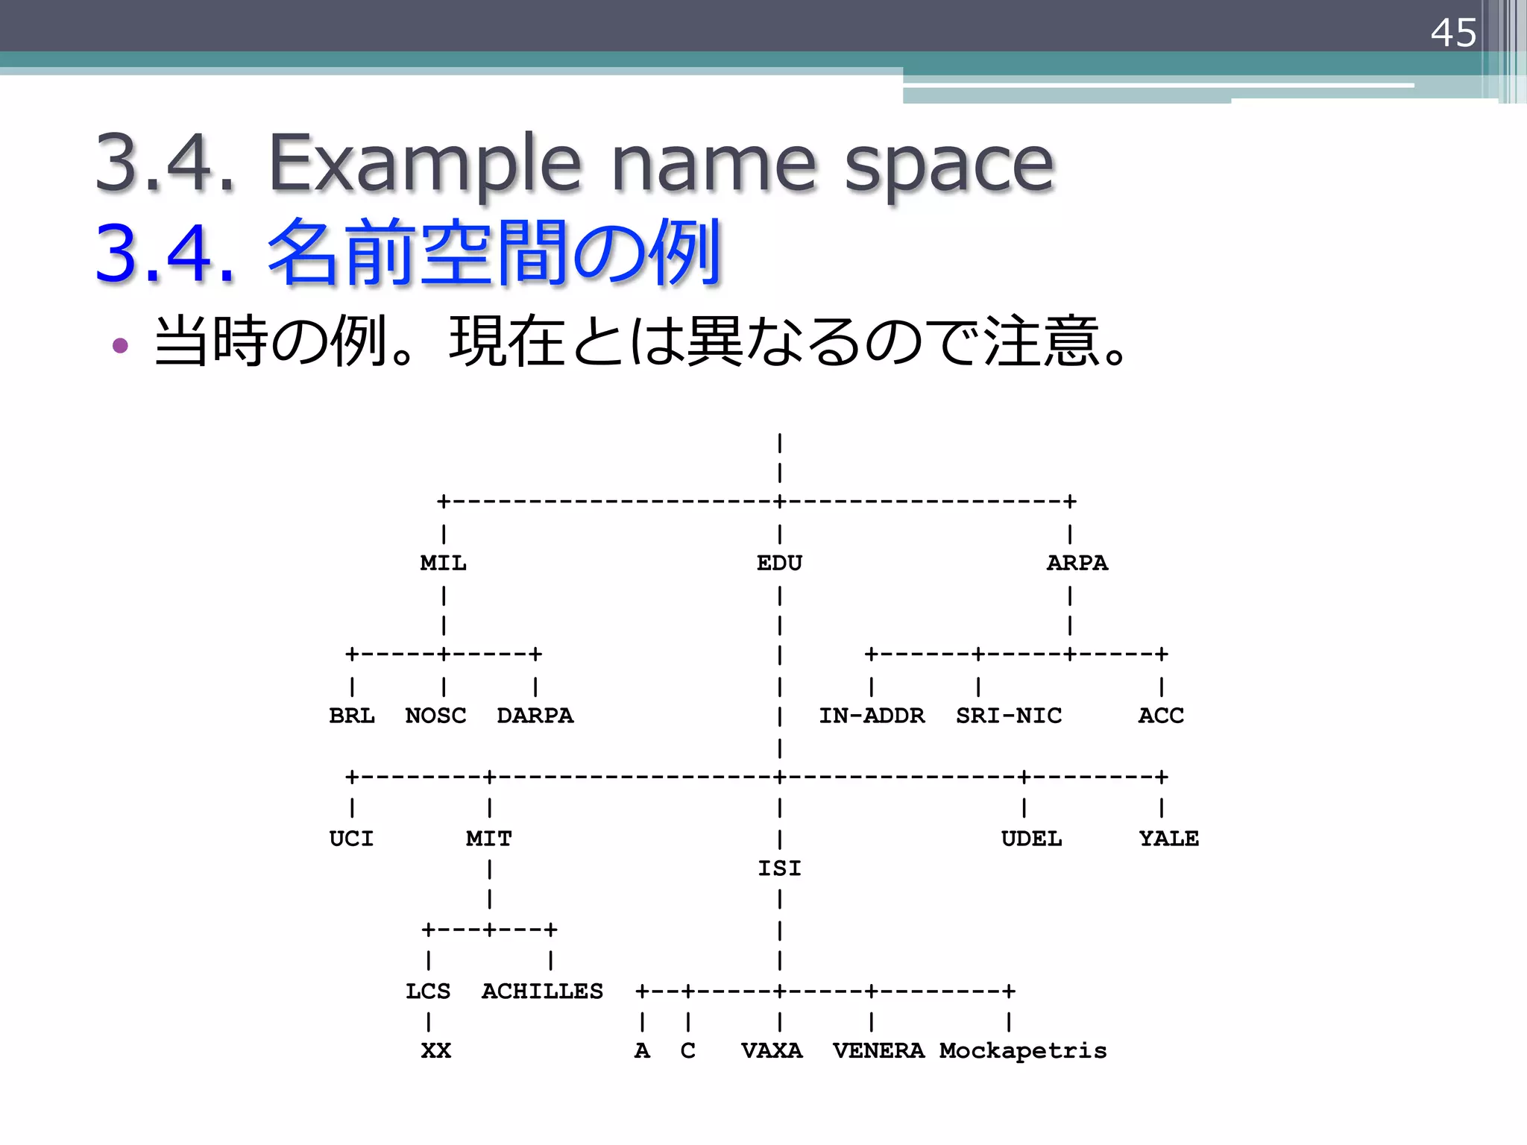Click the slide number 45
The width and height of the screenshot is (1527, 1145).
coord(1452,33)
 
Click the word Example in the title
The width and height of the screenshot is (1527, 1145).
coord(424,163)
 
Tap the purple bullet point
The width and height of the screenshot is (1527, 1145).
coord(120,345)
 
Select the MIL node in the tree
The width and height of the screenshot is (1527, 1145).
coord(443,563)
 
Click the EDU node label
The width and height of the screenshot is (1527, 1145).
coord(779,563)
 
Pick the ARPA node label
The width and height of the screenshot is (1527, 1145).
coord(1077,563)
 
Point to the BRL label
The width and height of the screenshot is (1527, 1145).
coord(351,716)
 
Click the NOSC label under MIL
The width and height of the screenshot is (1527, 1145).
coord(435,716)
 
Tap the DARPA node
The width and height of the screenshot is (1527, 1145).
coord(535,716)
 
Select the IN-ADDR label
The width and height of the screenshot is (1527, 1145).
coord(871,716)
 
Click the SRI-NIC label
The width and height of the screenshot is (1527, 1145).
coord(1008,716)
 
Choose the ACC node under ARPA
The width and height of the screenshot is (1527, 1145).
coord(1160,716)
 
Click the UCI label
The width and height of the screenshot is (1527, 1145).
coord(351,839)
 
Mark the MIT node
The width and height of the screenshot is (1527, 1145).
coord(488,839)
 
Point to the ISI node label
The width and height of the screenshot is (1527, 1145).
coord(779,868)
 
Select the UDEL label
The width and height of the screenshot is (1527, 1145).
coord(1031,839)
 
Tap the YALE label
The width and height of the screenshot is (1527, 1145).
coord(1168,839)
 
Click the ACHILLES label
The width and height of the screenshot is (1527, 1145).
coord(542,991)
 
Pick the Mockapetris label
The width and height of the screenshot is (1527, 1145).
coord(1022,1051)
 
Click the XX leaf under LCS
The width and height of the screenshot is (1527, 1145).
coord(435,1051)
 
